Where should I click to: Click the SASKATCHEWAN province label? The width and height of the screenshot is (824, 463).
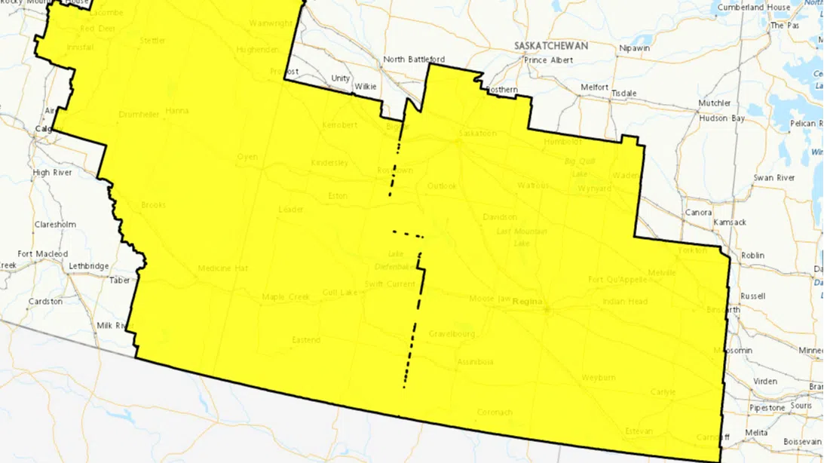551,46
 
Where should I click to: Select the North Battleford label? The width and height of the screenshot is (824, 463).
414,60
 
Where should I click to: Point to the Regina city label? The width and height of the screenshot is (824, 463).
528,302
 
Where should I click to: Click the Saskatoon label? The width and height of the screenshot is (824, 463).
477,133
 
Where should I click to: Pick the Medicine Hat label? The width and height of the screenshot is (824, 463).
222,268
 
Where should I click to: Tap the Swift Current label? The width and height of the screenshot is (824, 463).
390,284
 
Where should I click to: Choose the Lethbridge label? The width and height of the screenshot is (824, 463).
89,266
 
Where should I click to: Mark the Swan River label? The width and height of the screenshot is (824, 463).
774,178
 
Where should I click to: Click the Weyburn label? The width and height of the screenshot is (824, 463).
599,377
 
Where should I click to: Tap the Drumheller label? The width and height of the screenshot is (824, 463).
139,115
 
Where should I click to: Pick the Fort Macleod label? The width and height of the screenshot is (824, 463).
43,254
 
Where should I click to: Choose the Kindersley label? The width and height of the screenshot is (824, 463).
329,163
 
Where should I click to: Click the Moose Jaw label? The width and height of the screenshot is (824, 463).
489,299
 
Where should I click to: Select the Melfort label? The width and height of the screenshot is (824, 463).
594,87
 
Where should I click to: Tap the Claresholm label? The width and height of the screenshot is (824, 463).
55,225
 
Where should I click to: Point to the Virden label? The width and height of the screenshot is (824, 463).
764,382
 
